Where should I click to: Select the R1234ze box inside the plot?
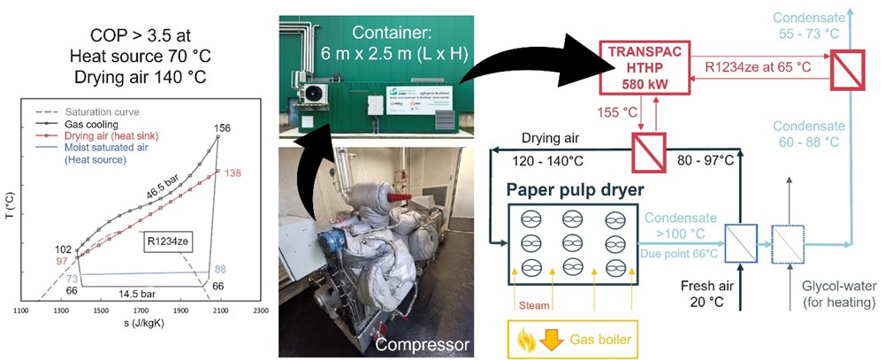[x=168, y=238]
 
